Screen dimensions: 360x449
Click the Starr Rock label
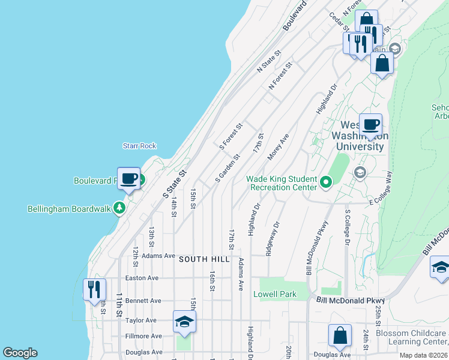[139, 146]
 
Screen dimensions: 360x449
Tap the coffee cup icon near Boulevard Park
[129, 178]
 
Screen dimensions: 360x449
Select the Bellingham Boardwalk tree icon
[120, 208]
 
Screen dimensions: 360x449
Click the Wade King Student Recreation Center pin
[326, 181]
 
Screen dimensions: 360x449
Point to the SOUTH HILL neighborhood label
[204, 259]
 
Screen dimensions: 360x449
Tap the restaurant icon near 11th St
[94, 290]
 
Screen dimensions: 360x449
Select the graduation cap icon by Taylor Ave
[185, 322]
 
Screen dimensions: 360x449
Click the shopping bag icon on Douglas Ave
[340, 336]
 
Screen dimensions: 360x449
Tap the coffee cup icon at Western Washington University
[370, 125]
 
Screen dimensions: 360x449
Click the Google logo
[20, 353]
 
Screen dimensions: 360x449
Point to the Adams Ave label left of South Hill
[158, 256]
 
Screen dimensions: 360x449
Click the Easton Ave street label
[142, 278]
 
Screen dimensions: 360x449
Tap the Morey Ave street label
[279, 147]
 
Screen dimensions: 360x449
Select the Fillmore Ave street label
[143, 336]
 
